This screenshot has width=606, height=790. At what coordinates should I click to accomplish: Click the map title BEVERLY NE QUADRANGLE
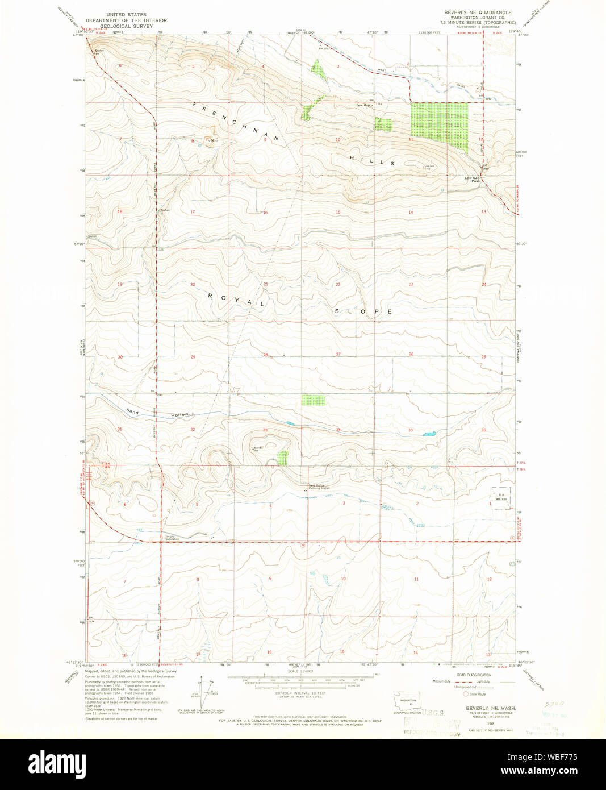[x=478, y=13]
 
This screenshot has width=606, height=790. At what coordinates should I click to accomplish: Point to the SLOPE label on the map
[x=363, y=311]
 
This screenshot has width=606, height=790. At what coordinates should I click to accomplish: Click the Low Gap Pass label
[x=473, y=180]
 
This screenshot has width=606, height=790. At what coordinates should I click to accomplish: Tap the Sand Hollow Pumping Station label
[x=318, y=487]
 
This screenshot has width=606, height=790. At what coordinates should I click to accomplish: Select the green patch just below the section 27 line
[x=312, y=400]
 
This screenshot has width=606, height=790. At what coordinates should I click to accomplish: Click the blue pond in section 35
[x=430, y=434]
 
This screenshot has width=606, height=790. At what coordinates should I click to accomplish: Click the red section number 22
[x=337, y=284]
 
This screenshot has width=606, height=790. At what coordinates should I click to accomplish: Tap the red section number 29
[x=193, y=357]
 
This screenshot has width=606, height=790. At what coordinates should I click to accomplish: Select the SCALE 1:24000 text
[x=300, y=671]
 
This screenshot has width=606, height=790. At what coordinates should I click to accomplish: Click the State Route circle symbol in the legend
[x=466, y=694]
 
